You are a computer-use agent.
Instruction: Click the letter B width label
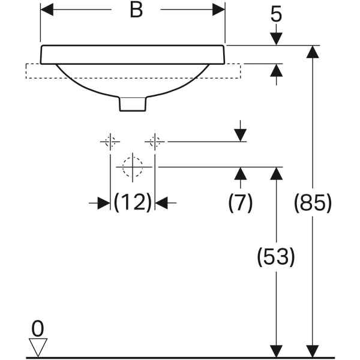(136, 10)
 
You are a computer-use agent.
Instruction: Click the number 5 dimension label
(276, 15)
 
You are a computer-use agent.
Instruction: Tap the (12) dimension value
(133, 203)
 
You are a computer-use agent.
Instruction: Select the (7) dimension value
(240, 203)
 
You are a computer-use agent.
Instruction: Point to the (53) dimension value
(276, 257)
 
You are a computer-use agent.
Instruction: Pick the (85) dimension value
(313, 203)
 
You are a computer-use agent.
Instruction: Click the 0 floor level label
(37, 329)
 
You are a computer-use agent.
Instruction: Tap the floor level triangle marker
(38, 347)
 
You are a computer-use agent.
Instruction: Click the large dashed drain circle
(133, 167)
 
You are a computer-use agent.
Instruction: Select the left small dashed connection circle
(110, 142)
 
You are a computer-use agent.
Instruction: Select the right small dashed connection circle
(155, 142)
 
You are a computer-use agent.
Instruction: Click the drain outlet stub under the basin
(133, 104)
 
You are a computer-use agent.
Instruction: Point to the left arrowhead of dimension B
(47, 10)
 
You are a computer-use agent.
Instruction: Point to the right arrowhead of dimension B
(218, 10)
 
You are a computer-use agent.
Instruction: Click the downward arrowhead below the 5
(276, 39)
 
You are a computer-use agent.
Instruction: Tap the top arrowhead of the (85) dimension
(313, 52)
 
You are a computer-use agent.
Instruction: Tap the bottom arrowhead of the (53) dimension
(276, 351)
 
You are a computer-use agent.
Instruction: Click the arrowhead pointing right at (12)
(104, 203)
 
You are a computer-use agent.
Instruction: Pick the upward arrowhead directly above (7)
(240, 173)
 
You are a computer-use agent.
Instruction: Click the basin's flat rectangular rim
(133, 55)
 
